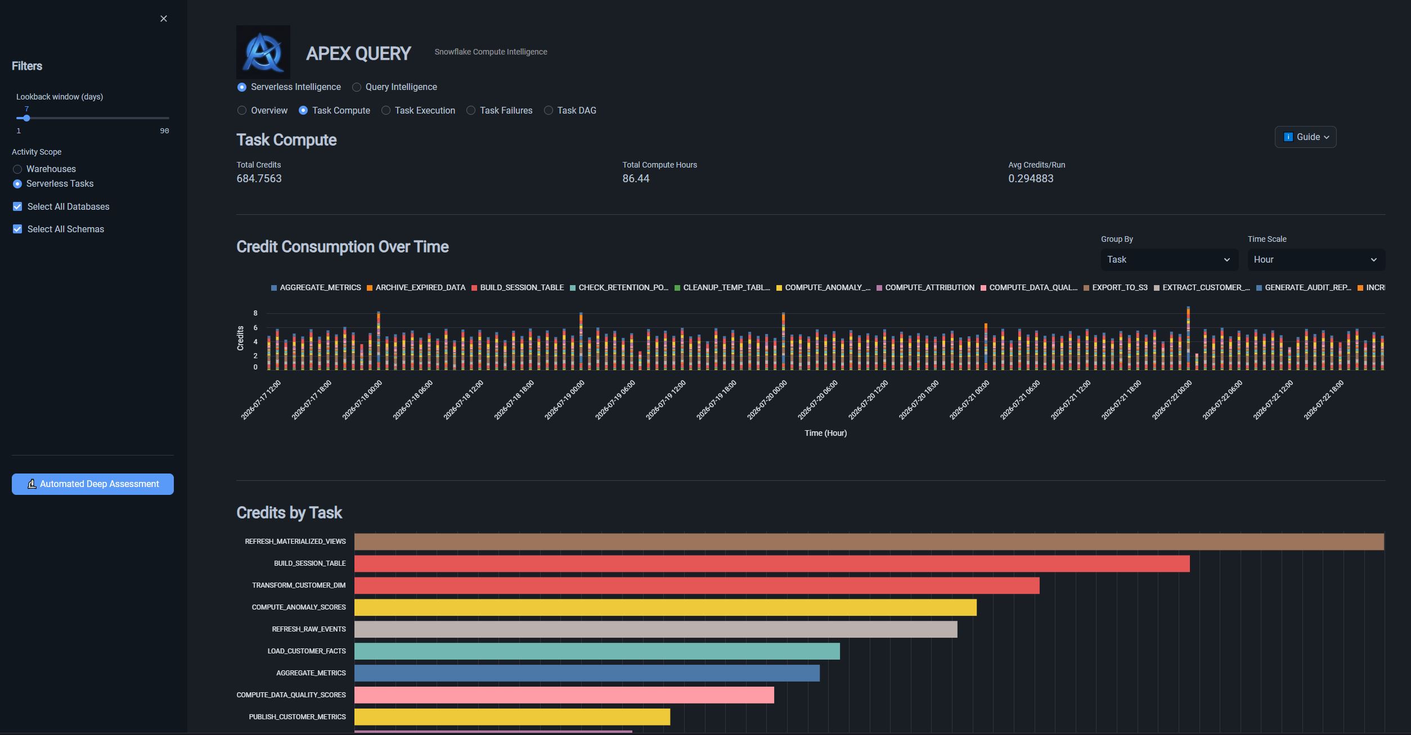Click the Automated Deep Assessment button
(x=93, y=484)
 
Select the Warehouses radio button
(x=17, y=169)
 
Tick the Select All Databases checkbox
(x=17, y=206)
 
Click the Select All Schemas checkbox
(x=17, y=229)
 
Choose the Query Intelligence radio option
(x=357, y=87)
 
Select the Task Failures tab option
(x=471, y=111)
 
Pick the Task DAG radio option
(x=549, y=111)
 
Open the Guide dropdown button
(x=1305, y=137)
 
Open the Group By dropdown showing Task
(x=1169, y=260)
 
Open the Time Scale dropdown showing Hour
(x=1316, y=260)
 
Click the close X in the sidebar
(x=164, y=19)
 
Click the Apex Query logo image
(x=263, y=52)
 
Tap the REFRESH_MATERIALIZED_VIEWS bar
(x=869, y=542)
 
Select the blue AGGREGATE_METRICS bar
(x=587, y=673)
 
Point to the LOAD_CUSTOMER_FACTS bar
(x=597, y=651)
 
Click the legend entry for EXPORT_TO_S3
(x=1116, y=288)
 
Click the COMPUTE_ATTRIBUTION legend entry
(x=925, y=288)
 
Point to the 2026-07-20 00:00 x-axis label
(x=767, y=400)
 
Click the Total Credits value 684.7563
(x=259, y=179)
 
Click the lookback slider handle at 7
(x=26, y=118)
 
